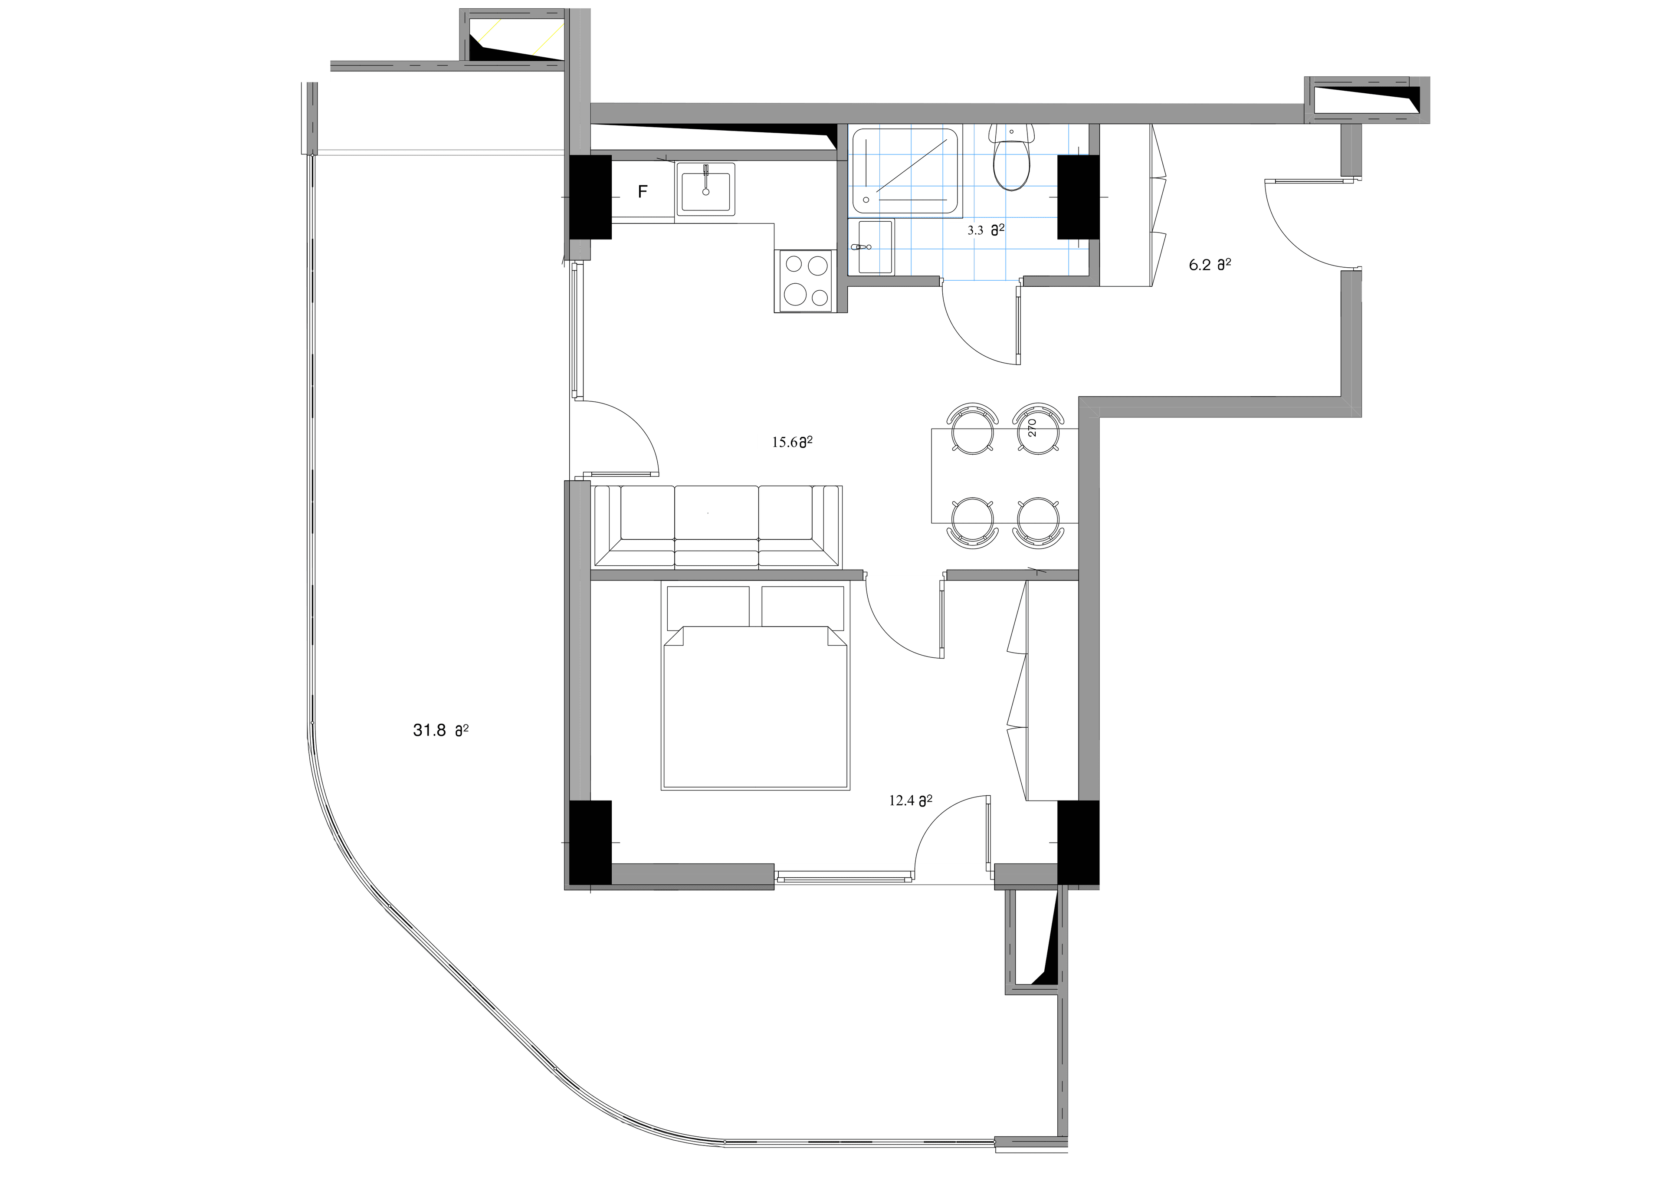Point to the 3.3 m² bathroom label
[x=985, y=230]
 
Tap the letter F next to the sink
[x=642, y=192]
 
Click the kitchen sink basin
[x=705, y=191]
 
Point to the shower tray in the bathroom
[x=905, y=171]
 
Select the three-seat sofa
[x=717, y=526]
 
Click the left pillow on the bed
[x=708, y=606]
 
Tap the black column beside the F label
[x=590, y=197]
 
